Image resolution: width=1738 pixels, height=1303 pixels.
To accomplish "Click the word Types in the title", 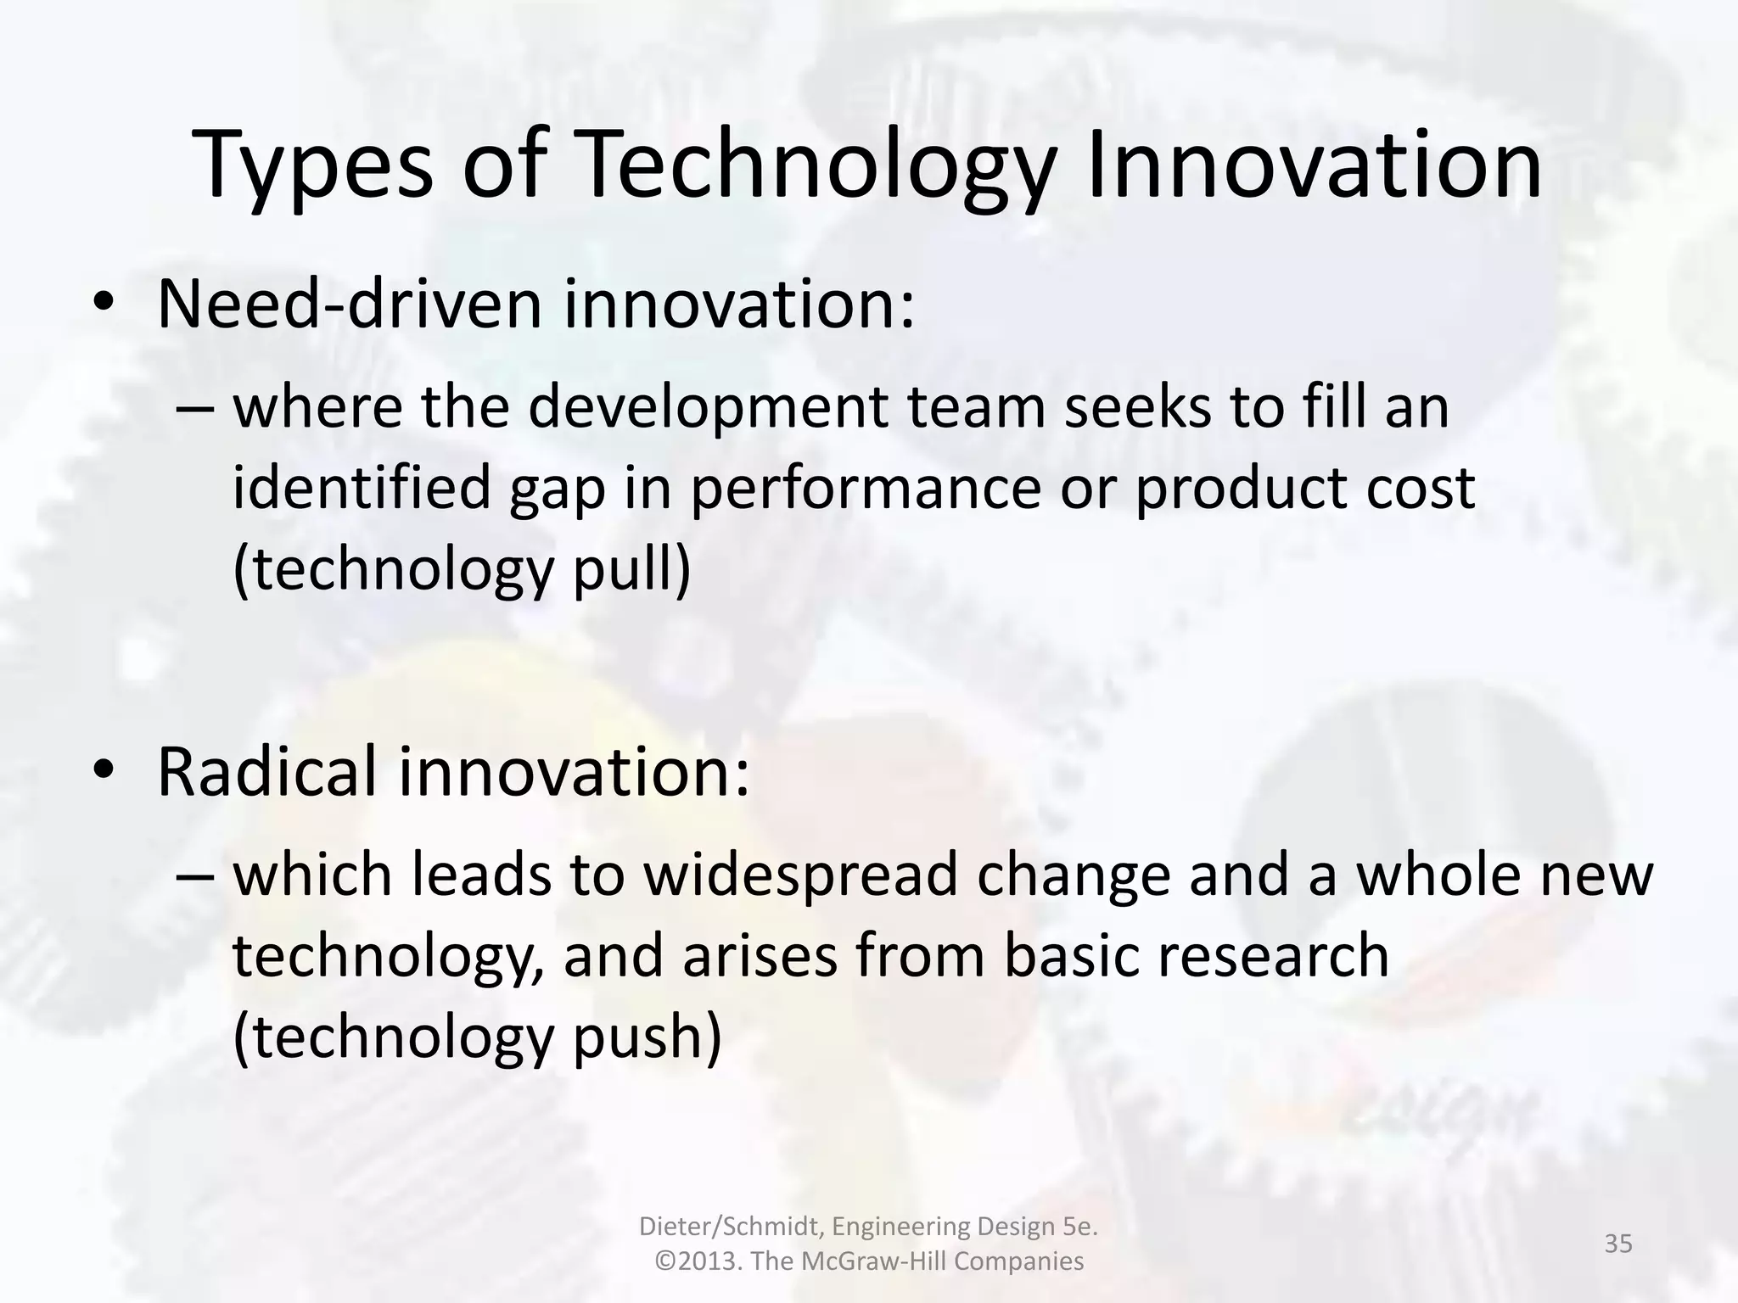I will [312, 165].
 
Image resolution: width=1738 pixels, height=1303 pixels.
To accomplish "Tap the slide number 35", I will [1618, 1244].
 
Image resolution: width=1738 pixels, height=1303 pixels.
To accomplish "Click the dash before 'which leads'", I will [197, 877].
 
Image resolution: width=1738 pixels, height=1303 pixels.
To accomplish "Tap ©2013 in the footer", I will [700, 1261].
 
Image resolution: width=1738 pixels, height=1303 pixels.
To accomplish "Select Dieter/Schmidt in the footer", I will [730, 1227].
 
